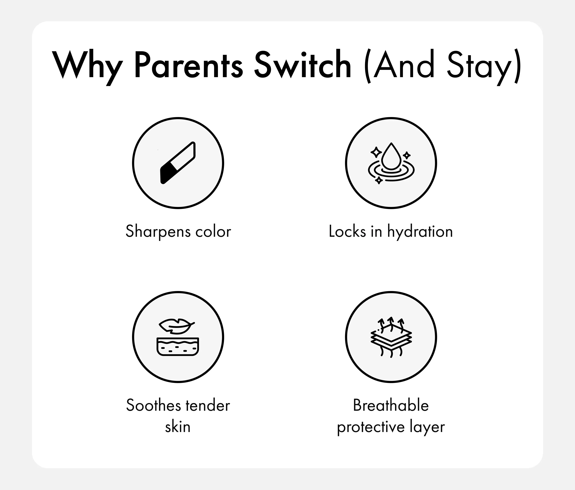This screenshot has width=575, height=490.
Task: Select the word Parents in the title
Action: tap(189, 65)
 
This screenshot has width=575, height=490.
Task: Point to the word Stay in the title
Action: tap(479, 67)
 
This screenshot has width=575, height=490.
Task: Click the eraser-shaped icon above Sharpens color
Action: tap(178, 163)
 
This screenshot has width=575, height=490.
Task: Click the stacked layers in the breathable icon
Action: tap(391, 338)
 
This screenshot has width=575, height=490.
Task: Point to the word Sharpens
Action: tap(158, 232)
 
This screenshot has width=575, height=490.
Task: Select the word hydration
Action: tap(420, 232)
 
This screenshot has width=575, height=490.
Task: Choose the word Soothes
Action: tap(154, 405)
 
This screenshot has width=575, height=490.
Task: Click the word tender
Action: tap(208, 405)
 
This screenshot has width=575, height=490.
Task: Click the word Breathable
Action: tap(391, 405)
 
